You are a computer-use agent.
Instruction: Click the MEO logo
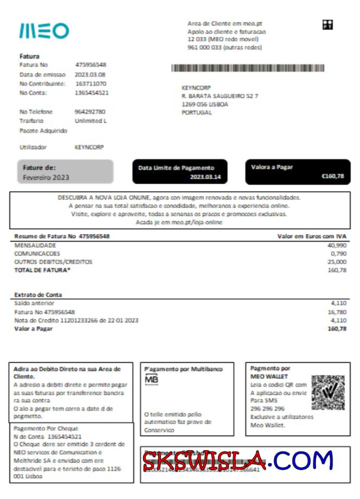(x=44, y=30)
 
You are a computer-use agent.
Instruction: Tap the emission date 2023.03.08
(x=90, y=74)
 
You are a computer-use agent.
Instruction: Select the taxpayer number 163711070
(x=90, y=84)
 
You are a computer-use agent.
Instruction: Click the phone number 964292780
(x=90, y=112)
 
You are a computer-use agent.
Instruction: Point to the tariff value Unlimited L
(x=91, y=121)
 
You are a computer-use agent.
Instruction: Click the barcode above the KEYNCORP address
(x=247, y=68)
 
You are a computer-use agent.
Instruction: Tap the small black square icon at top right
(x=327, y=24)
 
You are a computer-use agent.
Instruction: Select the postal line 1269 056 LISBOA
(x=204, y=104)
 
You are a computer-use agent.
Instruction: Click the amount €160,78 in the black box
(x=332, y=176)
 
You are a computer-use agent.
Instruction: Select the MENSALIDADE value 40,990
(x=337, y=245)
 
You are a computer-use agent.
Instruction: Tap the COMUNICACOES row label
(x=37, y=253)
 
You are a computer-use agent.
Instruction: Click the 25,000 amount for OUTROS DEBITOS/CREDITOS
(x=337, y=262)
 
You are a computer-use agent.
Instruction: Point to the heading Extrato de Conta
(x=38, y=295)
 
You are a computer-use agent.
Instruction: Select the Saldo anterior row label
(x=34, y=303)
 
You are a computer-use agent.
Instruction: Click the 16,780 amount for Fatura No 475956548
(x=337, y=312)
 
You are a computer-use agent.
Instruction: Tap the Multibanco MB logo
(x=151, y=380)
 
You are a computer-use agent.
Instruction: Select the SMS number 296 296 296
(x=268, y=408)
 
